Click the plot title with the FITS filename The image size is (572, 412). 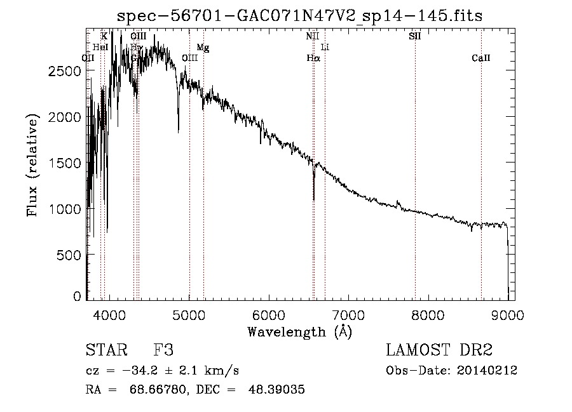300,16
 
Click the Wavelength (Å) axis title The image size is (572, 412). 299,331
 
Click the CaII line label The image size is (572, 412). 481,58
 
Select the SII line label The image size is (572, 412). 414,37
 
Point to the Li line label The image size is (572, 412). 325,48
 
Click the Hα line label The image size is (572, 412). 313,58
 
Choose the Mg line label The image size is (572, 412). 203,48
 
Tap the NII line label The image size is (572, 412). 312,37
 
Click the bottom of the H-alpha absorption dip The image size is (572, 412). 313,199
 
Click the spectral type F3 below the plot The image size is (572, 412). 164,350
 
